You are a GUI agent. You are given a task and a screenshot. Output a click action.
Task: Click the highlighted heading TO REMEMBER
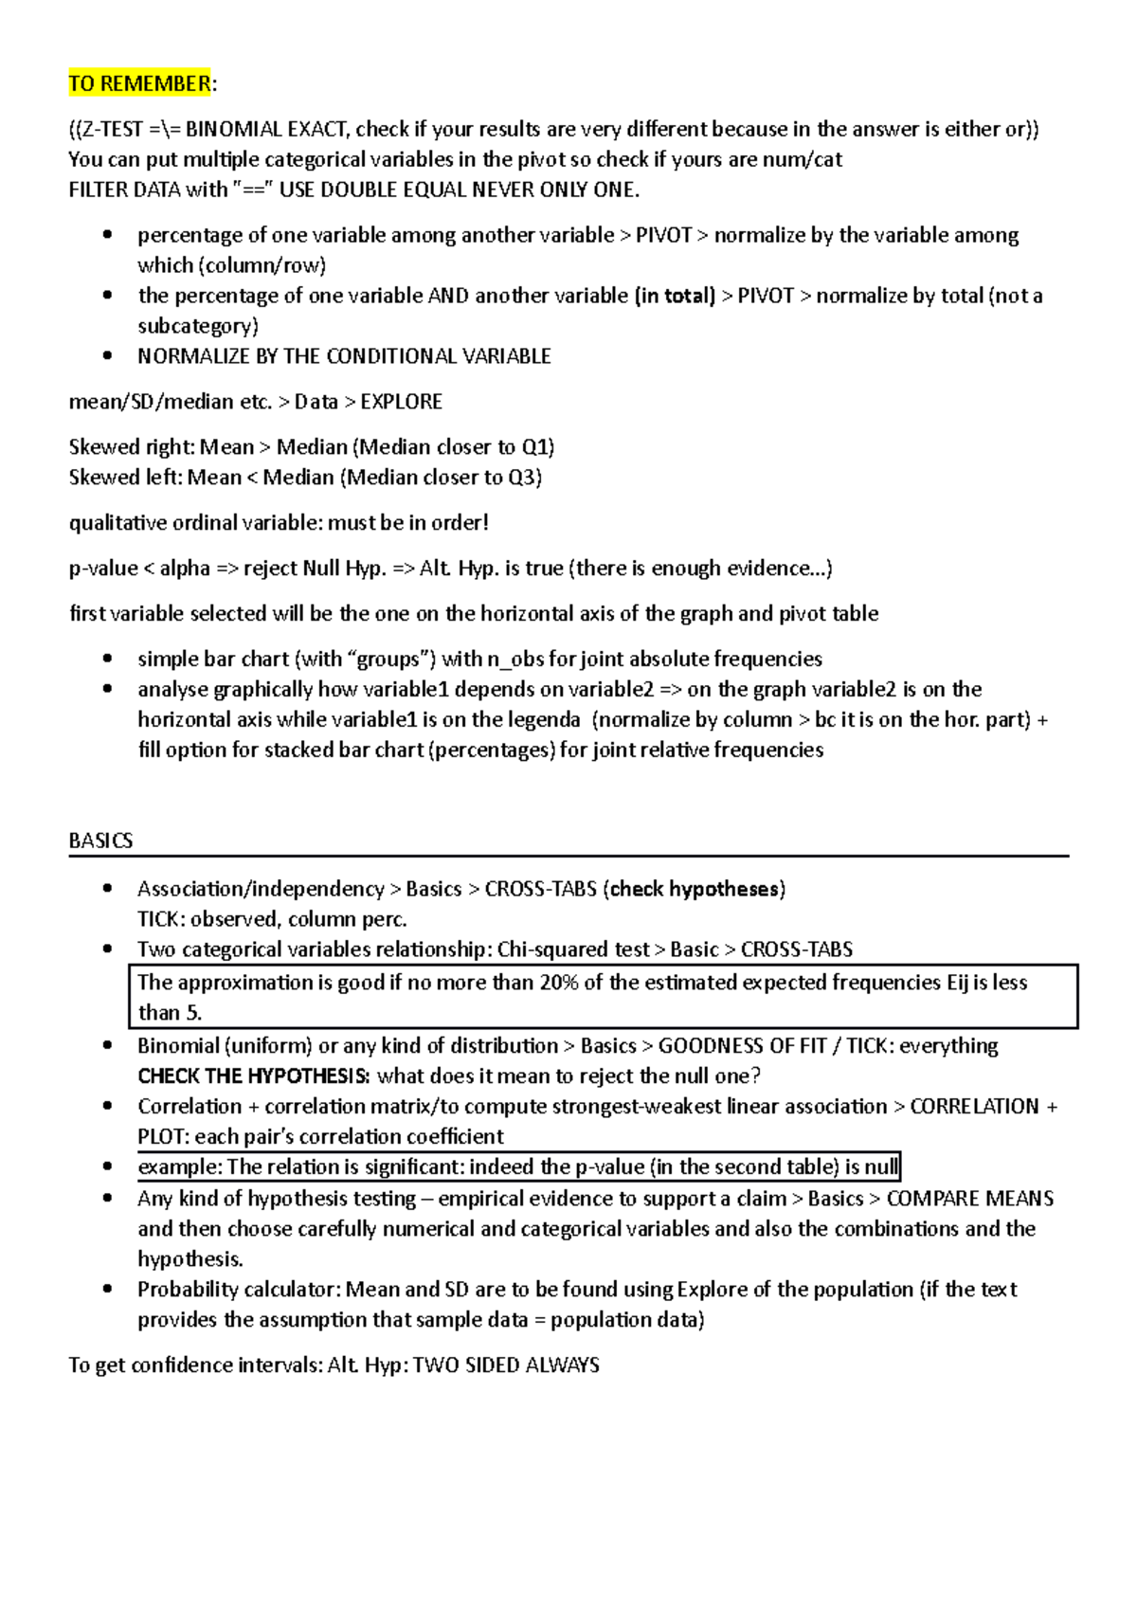139,83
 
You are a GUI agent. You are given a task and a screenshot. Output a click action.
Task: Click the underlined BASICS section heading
100,841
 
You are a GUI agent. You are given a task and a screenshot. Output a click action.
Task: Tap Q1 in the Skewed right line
535,447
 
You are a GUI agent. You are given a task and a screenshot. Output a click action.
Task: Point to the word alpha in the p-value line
184,569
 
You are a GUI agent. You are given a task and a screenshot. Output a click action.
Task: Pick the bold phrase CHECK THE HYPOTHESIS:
253,1076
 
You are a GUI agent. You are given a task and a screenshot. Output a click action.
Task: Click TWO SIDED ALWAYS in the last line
506,1365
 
